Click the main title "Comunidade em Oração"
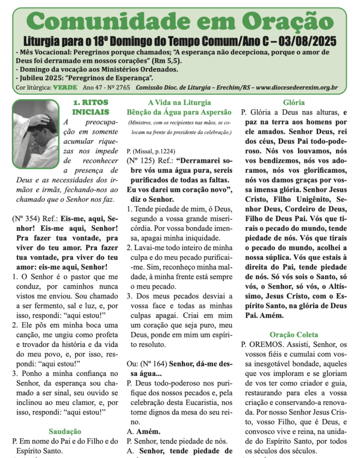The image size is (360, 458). (x=180, y=21)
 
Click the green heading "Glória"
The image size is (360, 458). (x=294, y=102)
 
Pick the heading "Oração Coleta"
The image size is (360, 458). (x=294, y=335)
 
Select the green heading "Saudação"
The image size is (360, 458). (x=65, y=431)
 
